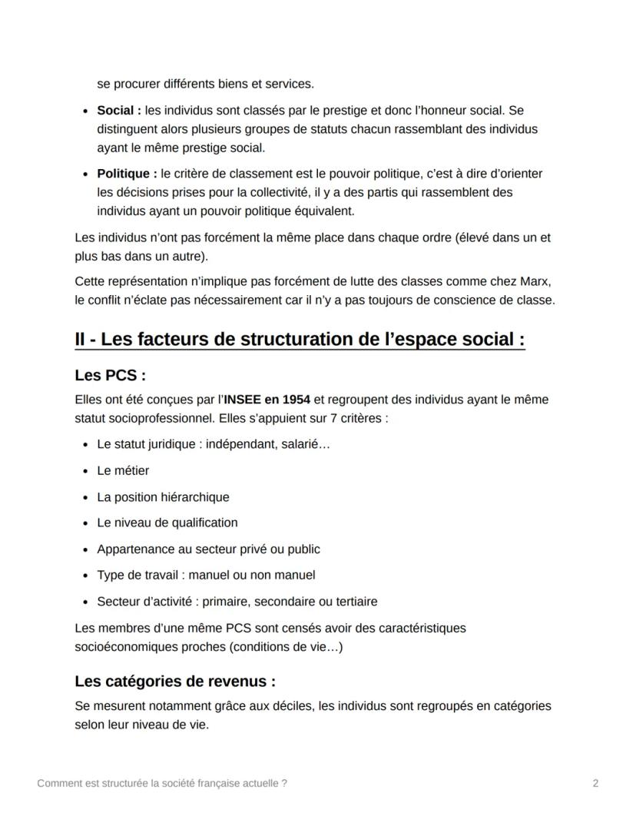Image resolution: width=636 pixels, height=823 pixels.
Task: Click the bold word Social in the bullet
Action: coord(117,111)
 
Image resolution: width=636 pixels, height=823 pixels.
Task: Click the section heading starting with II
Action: coord(300,339)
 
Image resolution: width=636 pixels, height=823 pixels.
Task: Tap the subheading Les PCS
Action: coord(110,376)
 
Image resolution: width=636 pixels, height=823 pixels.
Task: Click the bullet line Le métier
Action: coord(123,470)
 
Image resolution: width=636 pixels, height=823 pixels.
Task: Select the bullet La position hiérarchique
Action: coord(163,497)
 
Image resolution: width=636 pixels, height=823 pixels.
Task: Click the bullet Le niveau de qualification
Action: coord(167,523)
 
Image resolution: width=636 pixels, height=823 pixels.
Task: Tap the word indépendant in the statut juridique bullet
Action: coord(243,444)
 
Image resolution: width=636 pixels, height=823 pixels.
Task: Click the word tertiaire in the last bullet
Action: coord(353,601)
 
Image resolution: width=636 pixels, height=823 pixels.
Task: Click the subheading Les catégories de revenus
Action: coord(174,681)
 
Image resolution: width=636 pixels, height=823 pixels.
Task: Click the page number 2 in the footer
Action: coord(595,783)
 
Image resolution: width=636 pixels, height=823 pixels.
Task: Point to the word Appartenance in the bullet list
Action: coord(132,549)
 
